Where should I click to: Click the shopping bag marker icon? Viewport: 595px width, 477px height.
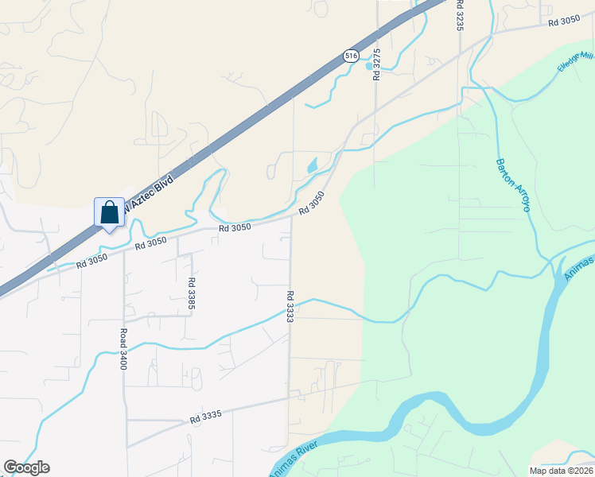coord(110,213)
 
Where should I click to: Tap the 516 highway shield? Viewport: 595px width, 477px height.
coord(351,56)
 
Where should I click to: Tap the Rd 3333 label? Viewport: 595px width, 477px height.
coord(290,306)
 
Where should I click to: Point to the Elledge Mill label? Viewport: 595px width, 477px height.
coord(576,61)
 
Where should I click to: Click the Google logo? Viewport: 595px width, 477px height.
coord(26,467)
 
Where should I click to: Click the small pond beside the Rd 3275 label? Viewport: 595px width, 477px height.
coord(369,67)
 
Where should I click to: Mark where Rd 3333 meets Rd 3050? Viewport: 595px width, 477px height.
coord(290,217)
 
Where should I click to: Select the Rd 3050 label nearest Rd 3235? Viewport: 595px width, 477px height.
coord(565,21)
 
